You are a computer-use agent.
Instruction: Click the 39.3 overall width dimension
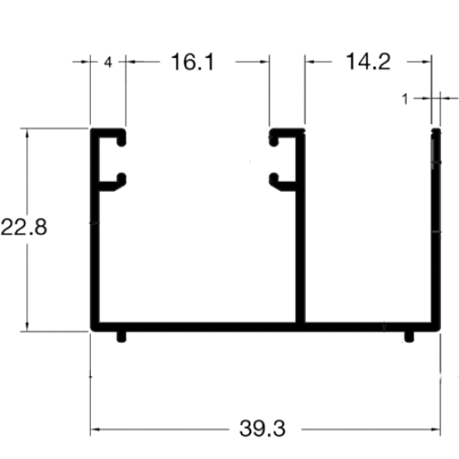pyautogui.click(x=262, y=428)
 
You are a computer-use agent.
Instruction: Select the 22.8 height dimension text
pyautogui.click(x=24, y=227)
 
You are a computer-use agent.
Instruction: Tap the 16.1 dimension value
pyautogui.click(x=193, y=62)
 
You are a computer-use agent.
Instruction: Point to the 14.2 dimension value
pyautogui.click(x=368, y=62)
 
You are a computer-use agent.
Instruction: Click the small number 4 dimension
pyautogui.click(x=108, y=62)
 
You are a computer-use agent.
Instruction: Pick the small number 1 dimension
pyautogui.click(x=405, y=99)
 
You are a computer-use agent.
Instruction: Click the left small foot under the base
pyautogui.click(x=122, y=337)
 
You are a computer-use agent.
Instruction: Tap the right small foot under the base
pyautogui.click(x=409, y=337)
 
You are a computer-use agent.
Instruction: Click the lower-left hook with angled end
pyautogui.click(x=117, y=183)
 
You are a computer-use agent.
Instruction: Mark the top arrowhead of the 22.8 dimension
pyautogui.click(x=27, y=133)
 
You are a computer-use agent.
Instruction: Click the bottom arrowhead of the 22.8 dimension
pyautogui.click(x=27, y=327)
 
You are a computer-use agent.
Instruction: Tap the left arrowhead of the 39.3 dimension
pyautogui.click(x=95, y=429)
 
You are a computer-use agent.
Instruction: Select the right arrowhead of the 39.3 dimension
pyautogui.click(x=436, y=429)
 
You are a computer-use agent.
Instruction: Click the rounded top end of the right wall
pyautogui.click(x=436, y=131)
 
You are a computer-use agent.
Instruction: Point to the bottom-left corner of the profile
pyautogui.click(x=91, y=331)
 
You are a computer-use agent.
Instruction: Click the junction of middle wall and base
pyautogui.click(x=300, y=327)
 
